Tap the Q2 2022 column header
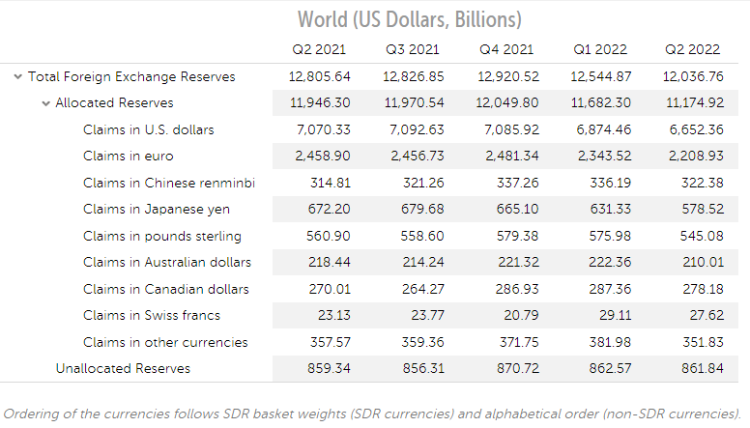point(693,48)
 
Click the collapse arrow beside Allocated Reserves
point(45,103)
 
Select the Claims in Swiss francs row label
point(152,315)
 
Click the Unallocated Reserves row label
point(123,368)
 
